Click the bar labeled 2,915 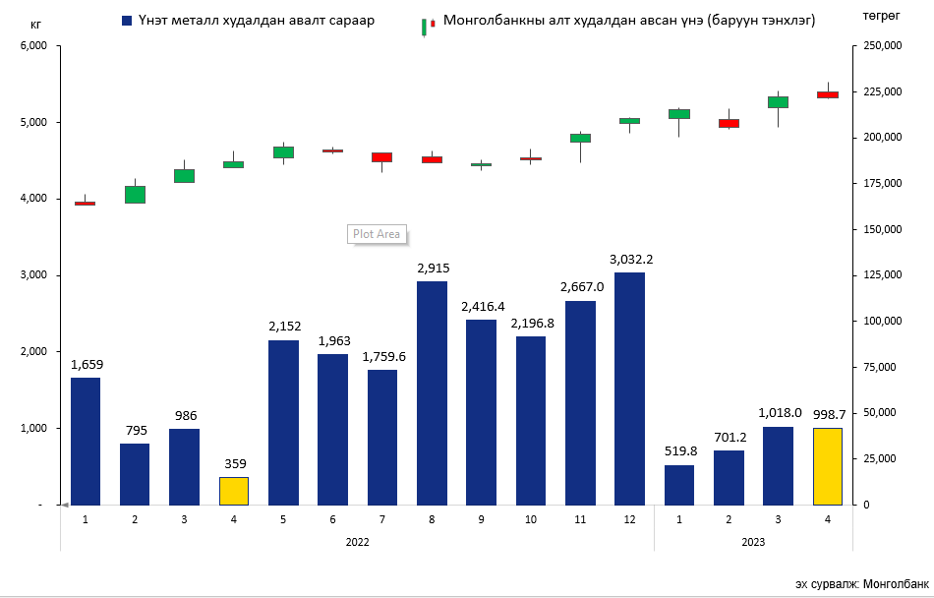click(432, 392)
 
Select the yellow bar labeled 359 click(234, 491)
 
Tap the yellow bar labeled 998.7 click(827, 466)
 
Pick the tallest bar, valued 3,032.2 click(629, 388)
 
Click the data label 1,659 click(87, 365)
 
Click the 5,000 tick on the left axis click(33, 123)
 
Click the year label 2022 click(358, 542)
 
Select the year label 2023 click(753, 542)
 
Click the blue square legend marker click(127, 21)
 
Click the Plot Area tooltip click(378, 234)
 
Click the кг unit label click(36, 21)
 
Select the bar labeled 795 click(135, 474)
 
